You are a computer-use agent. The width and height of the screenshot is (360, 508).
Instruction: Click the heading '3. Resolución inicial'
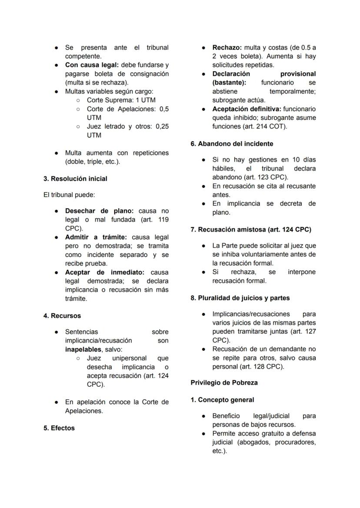click(75, 179)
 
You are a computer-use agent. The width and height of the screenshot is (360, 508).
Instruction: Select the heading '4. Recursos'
click(62, 316)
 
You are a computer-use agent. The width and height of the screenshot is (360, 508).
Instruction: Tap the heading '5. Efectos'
click(59, 428)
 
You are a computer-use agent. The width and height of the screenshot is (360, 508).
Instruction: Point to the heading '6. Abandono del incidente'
click(232, 144)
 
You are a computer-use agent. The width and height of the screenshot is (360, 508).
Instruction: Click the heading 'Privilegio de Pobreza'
click(224, 383)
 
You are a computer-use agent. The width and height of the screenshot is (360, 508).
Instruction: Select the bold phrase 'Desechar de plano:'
click(99, 211)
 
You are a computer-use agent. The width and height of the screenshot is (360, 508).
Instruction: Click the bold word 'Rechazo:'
click(227, 47)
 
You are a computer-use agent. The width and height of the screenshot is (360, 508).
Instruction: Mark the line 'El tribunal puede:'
click(69, 195)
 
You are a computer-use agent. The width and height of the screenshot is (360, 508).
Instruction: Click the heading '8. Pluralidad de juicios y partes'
click(240, 298)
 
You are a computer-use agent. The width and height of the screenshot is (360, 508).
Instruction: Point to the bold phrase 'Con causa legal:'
click(92, 65)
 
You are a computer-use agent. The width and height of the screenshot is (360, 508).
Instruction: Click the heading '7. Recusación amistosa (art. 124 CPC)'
click(251, 229)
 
